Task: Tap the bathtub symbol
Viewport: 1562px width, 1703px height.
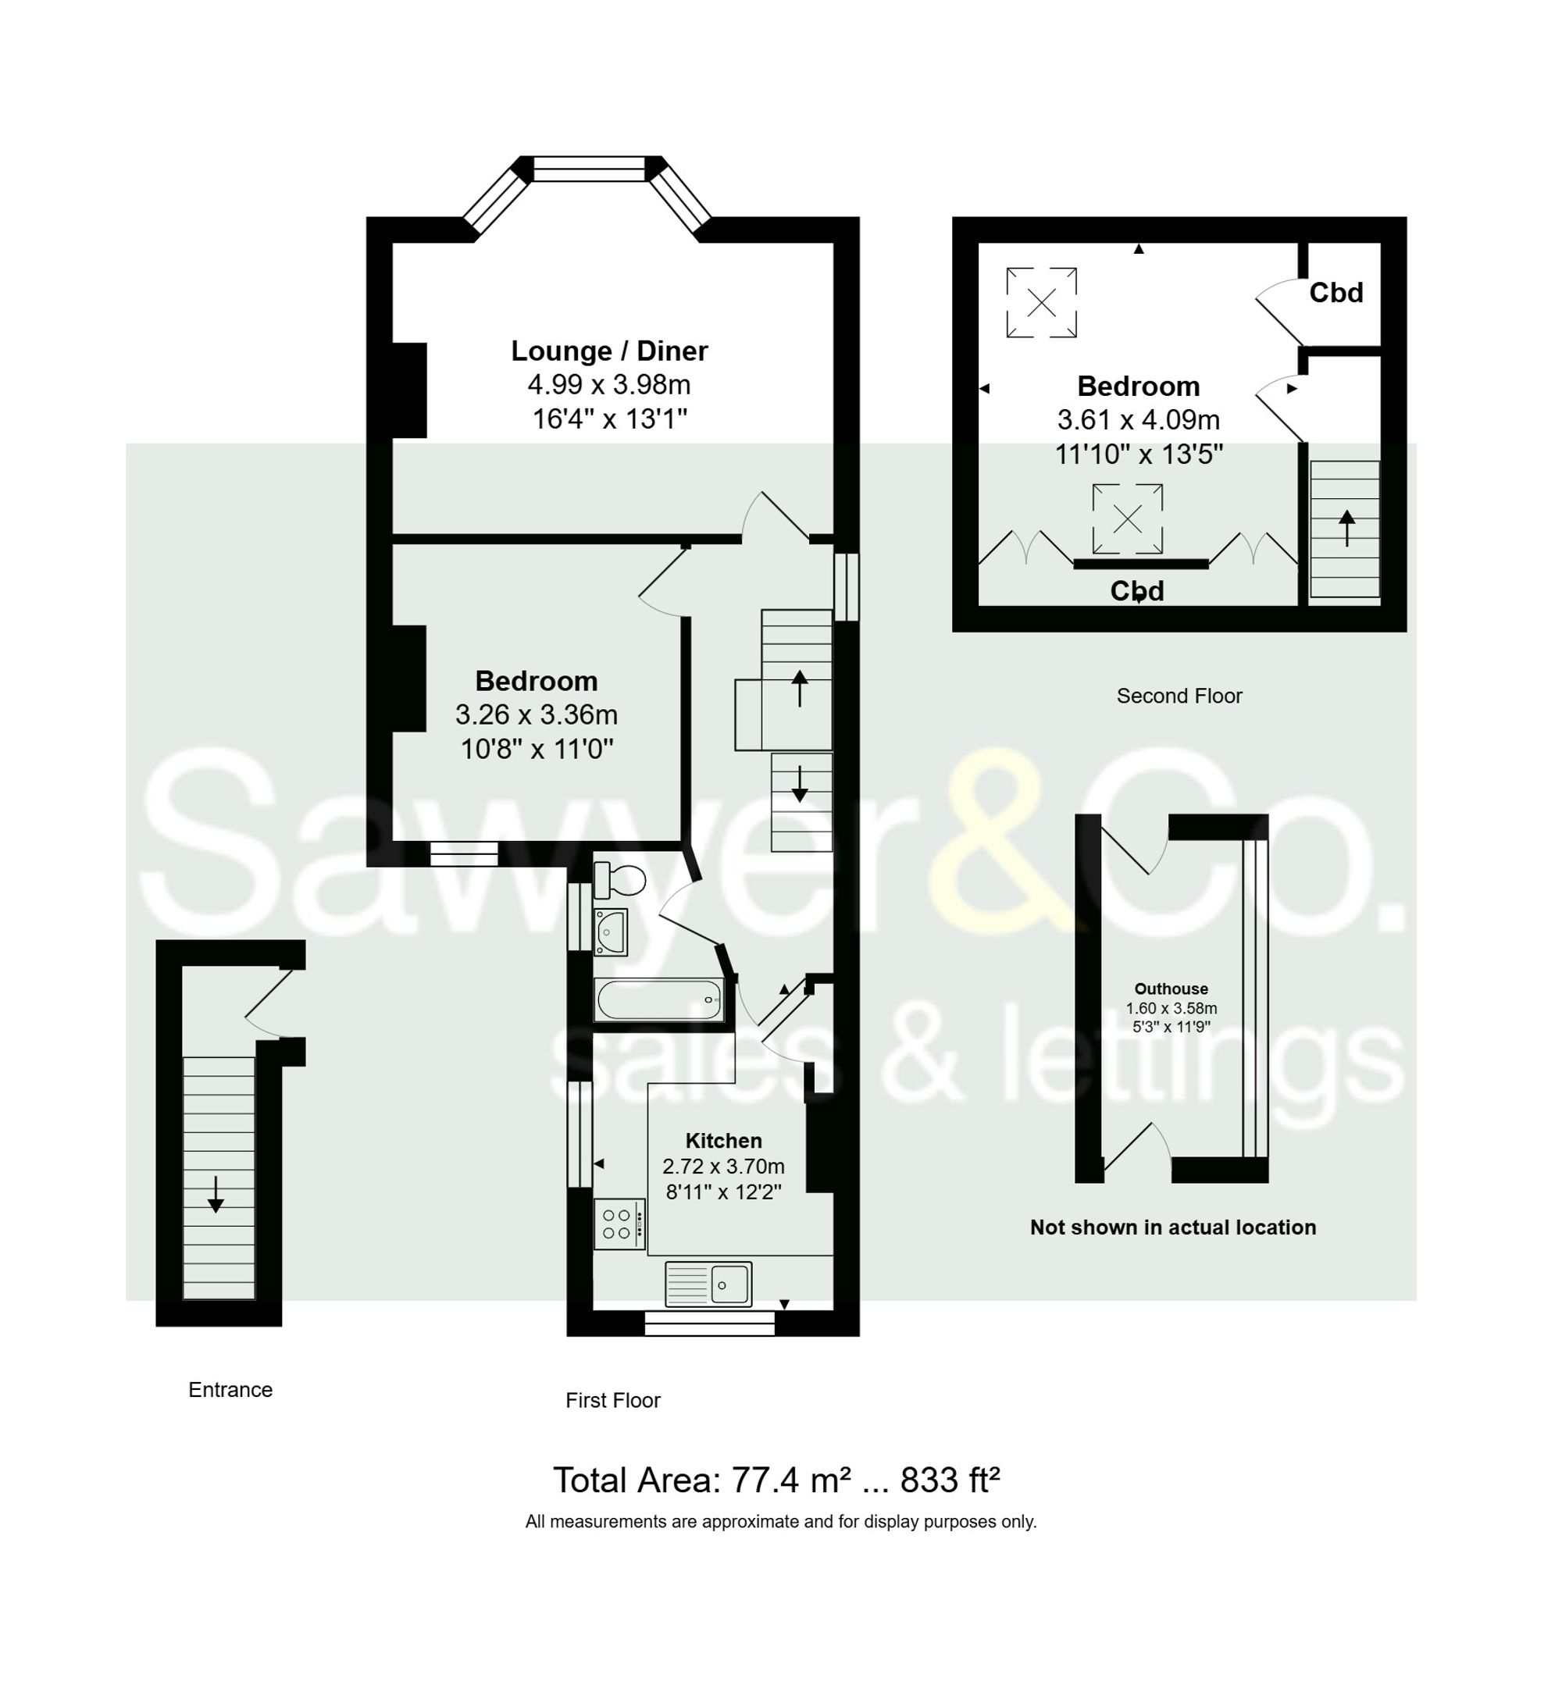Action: tap(659, 999)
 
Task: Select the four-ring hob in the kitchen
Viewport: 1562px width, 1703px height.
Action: tap(618, 1224)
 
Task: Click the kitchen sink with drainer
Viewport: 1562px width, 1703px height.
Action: tap(708, 1284)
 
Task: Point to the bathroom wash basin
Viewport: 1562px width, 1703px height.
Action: tap(610, 932)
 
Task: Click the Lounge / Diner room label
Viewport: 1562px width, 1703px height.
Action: tap(608, 351)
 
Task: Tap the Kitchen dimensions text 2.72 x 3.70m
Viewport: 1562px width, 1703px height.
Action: tap(722, 1167)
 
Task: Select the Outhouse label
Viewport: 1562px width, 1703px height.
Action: tap(1171, 989)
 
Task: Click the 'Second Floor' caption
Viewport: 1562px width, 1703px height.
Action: tap(1179, 696)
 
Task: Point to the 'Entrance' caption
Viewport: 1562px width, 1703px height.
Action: tap(230, 1391)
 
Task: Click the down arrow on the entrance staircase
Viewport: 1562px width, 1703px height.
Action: tap(216, 1194)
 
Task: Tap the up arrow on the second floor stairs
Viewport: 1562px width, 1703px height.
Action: tap(1346, 528)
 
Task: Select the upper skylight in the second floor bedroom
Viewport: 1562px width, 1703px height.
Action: tap(1041, 302)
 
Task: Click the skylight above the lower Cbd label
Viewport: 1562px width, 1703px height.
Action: tap(1127, 519)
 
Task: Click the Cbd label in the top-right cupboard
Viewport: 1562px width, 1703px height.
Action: tap(1336, 293)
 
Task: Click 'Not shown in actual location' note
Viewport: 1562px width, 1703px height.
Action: tap(1172, 1227)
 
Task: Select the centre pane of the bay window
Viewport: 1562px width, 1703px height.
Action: tap(589, 169)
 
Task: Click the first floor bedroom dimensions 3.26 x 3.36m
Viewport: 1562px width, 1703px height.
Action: tap(536, 715)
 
